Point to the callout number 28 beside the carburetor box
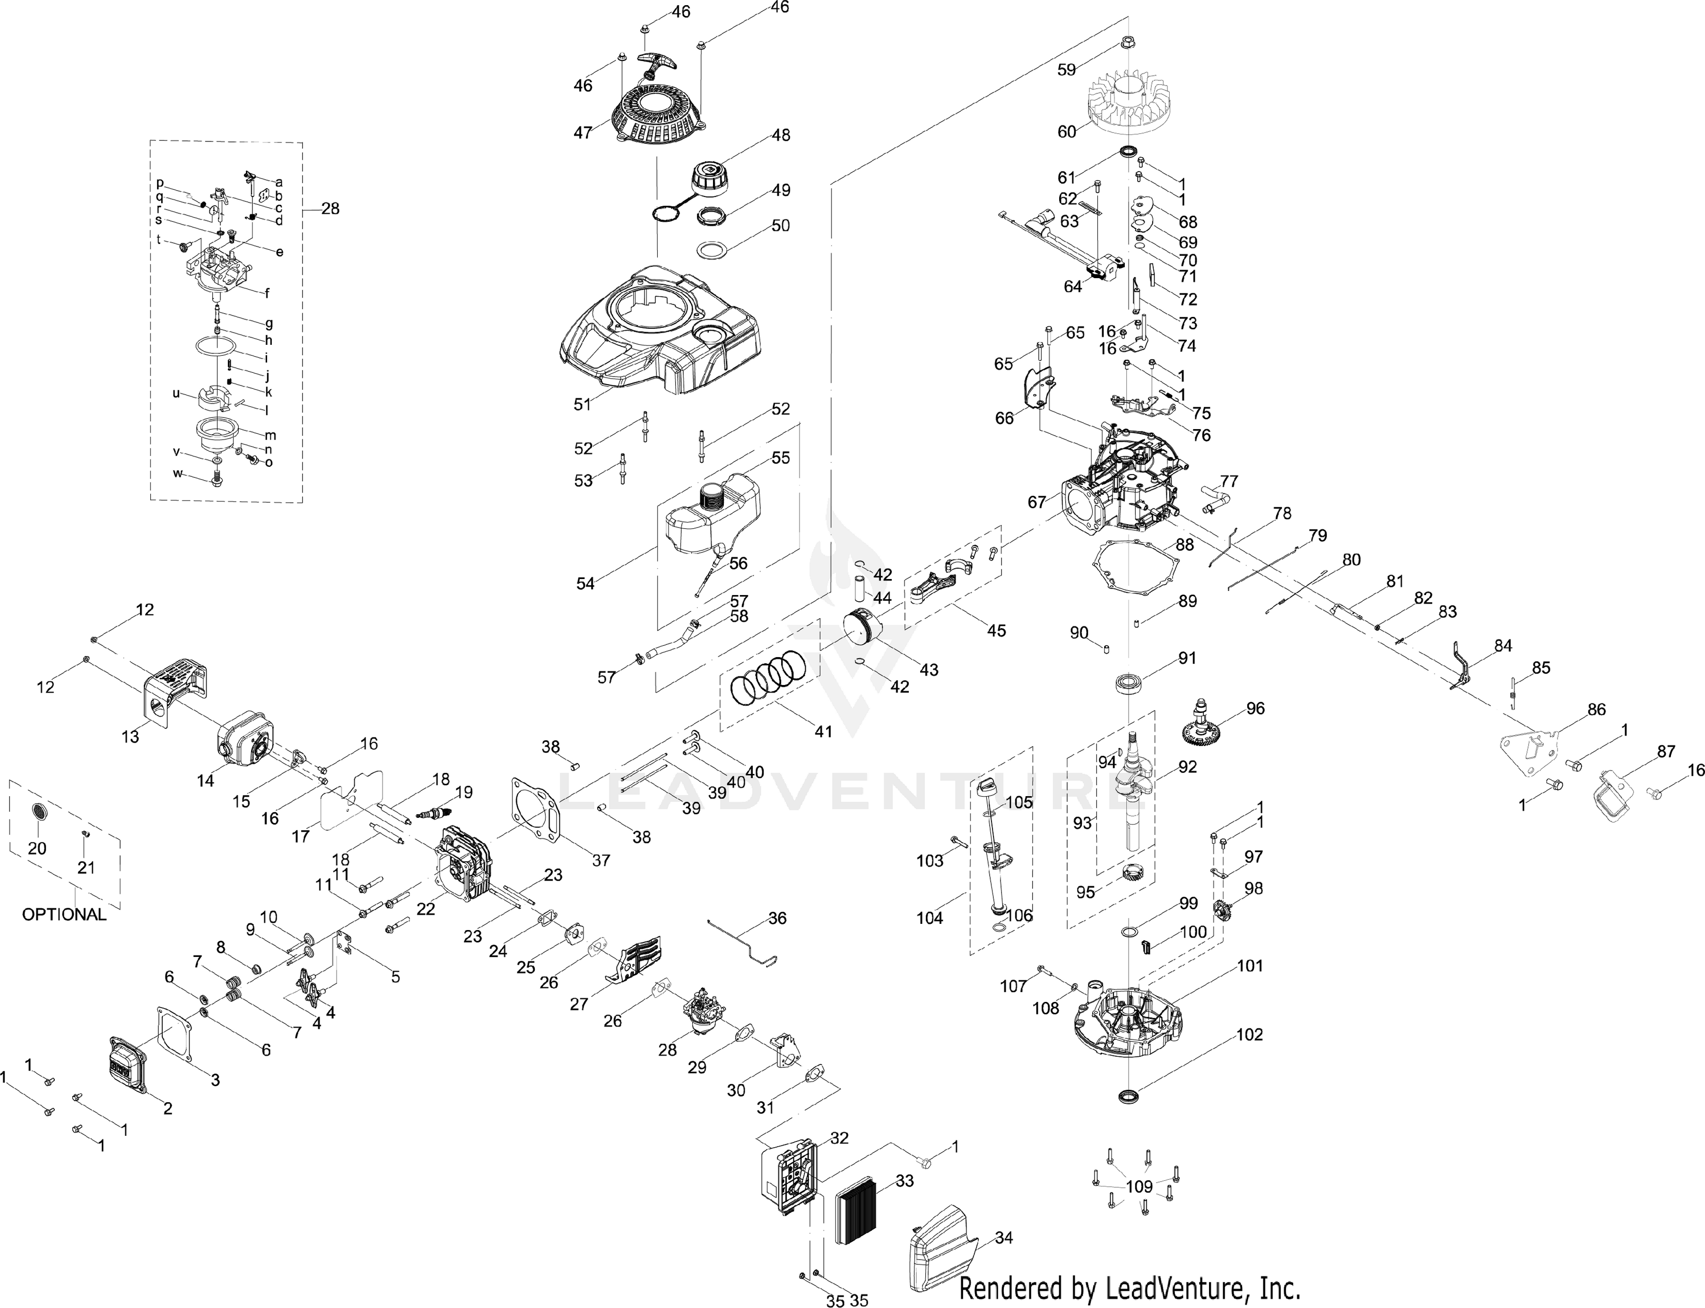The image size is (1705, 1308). [x=331, y=209]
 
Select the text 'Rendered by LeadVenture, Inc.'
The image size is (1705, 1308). [x=1130, y=1287]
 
